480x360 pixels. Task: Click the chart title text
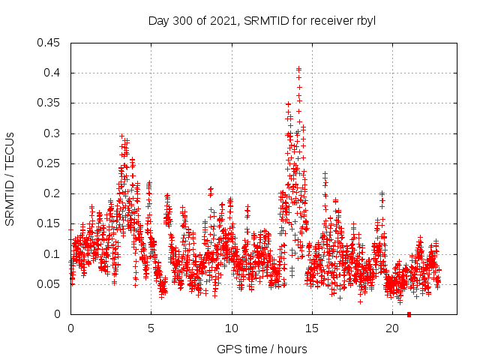[x=262, y=20]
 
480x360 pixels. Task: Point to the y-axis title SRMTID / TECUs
[x=10, y=178]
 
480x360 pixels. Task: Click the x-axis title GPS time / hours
[x=262, y=349]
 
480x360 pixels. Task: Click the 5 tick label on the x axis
[x=151, y=328]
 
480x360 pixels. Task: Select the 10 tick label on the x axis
[x=232, y=328]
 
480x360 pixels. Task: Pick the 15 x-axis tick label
[x=312, y=328]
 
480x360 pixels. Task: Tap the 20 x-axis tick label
[x=392, y=328]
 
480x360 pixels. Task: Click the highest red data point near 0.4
[x=298, y=68]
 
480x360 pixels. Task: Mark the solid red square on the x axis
[x=409, y=314]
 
